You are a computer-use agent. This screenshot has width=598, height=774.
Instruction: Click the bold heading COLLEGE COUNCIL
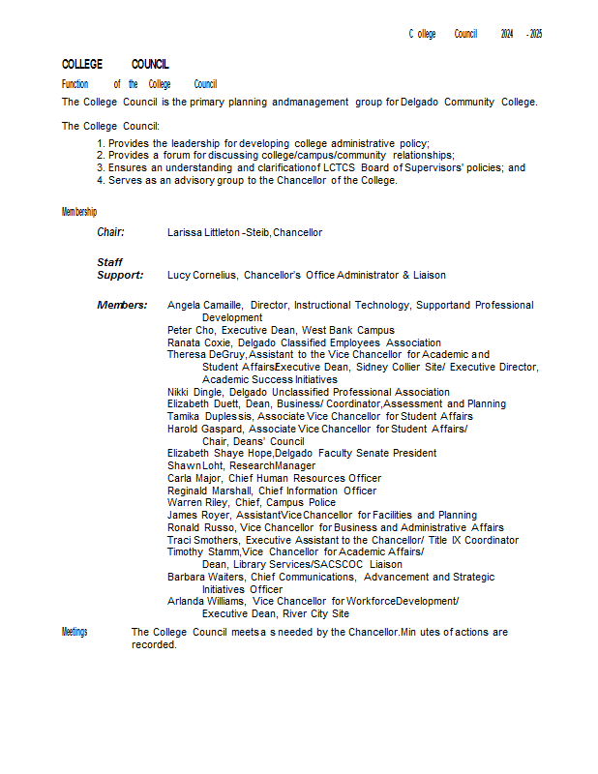coord(115,64)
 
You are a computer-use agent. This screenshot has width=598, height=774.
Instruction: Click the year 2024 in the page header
coord(507,34)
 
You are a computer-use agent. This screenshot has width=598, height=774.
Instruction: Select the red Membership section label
coord(79,211)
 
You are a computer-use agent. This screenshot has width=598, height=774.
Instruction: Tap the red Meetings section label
coord(75,632)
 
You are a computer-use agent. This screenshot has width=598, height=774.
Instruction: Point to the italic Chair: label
coord(110,232)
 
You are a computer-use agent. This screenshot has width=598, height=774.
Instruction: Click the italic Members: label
coord(122,305)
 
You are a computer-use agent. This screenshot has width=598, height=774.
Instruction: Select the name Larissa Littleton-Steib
coord(219,232)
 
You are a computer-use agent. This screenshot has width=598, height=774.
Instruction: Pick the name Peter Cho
coord(185,330)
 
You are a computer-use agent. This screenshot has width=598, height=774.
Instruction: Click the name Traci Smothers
coord(203,540)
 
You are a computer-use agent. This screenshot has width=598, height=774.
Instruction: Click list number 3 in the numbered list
coord(101,167)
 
